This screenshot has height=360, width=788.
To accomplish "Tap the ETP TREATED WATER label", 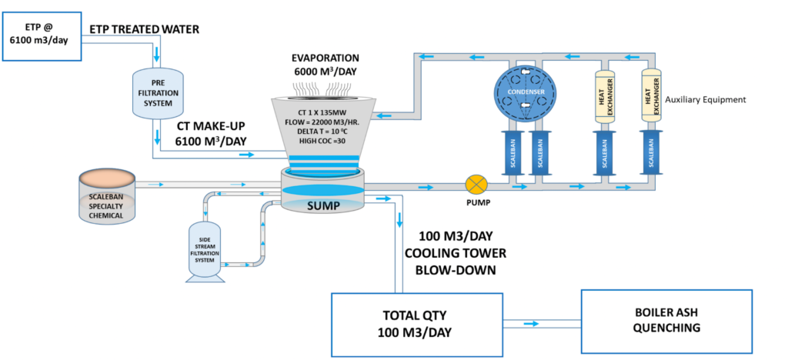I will pyautogui.click(x=145, y=30).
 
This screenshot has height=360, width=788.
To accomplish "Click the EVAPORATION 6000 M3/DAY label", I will pyautogui.click(x=326, y=65).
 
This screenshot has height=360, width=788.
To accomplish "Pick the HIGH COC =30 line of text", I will pyautogui.click(x=325, y=140).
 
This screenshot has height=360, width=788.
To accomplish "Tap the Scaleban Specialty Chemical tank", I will pyautogui.click(x=108, y=198).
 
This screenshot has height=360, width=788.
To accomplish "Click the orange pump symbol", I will pyautogui.click(x=476, y=185).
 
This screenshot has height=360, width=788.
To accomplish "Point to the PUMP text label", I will pyautogui.click(x=476, y=205).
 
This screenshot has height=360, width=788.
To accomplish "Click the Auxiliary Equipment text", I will pyautogui.click(x=706, y=100).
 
